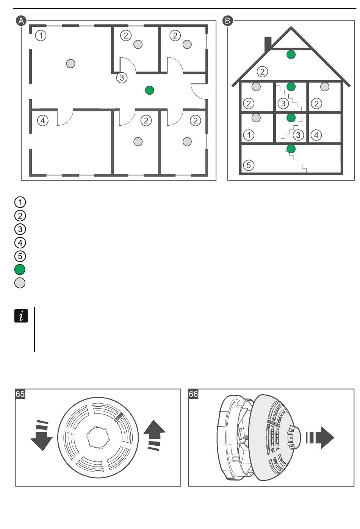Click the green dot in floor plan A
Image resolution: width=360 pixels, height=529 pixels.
click(150, 90)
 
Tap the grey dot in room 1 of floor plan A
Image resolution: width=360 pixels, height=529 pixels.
click(70, 64)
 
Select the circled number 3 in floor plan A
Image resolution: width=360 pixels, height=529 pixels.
click(121, 78)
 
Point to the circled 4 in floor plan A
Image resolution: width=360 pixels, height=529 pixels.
click(43, 121)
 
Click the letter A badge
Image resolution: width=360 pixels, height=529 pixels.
click(21, 20)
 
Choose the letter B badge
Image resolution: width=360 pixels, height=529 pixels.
click(228, 20)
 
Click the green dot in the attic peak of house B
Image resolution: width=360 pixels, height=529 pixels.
click(291, 55)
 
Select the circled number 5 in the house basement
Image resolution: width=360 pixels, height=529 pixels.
click(248, 165)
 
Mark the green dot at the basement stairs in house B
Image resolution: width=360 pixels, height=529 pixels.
click(291, 149)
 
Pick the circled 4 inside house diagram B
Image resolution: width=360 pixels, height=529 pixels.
click(316, 134)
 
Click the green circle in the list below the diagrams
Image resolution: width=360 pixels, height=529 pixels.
click(20, 270)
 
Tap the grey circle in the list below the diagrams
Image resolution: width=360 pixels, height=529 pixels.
click(20, 283)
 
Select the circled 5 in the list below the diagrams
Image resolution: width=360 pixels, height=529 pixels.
click(20, 256)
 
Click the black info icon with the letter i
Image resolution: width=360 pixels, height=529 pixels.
click(21, 316)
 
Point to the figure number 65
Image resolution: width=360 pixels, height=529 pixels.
click(20, 394)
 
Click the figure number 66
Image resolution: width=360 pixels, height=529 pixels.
click(193, 394)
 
